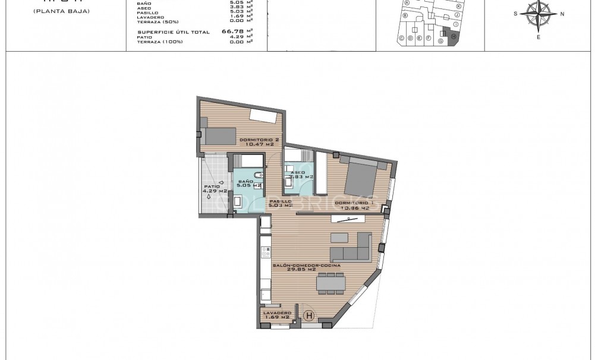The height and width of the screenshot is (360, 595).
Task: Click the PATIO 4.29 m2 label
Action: coord(215,188)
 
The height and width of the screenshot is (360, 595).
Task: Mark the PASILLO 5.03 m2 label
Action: coord(280,204)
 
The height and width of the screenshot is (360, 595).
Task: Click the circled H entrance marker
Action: coord(308,316)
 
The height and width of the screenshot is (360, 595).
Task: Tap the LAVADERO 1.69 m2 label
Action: coord(276,315)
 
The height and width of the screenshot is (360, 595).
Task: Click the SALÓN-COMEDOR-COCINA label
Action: coord(306,268)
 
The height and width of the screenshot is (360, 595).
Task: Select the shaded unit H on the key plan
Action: coord(454,37)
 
